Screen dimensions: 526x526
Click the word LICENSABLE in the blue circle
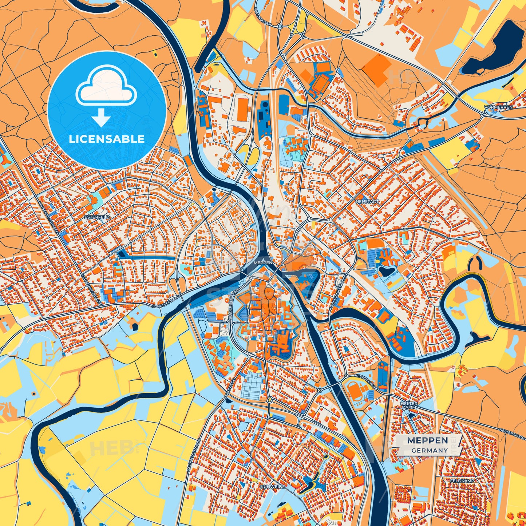pos(106,139)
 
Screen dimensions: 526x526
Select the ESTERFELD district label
pos(96,217)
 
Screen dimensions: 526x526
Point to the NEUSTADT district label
pos(368,201)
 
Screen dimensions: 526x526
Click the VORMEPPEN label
pos(498,107)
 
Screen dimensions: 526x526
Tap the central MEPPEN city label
pos(263,262)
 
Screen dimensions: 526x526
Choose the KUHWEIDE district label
pos(273,486)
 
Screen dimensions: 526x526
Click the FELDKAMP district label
pos(462,481)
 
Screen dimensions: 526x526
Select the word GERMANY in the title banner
pos(430,450)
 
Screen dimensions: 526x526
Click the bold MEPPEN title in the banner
pos(427,440)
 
